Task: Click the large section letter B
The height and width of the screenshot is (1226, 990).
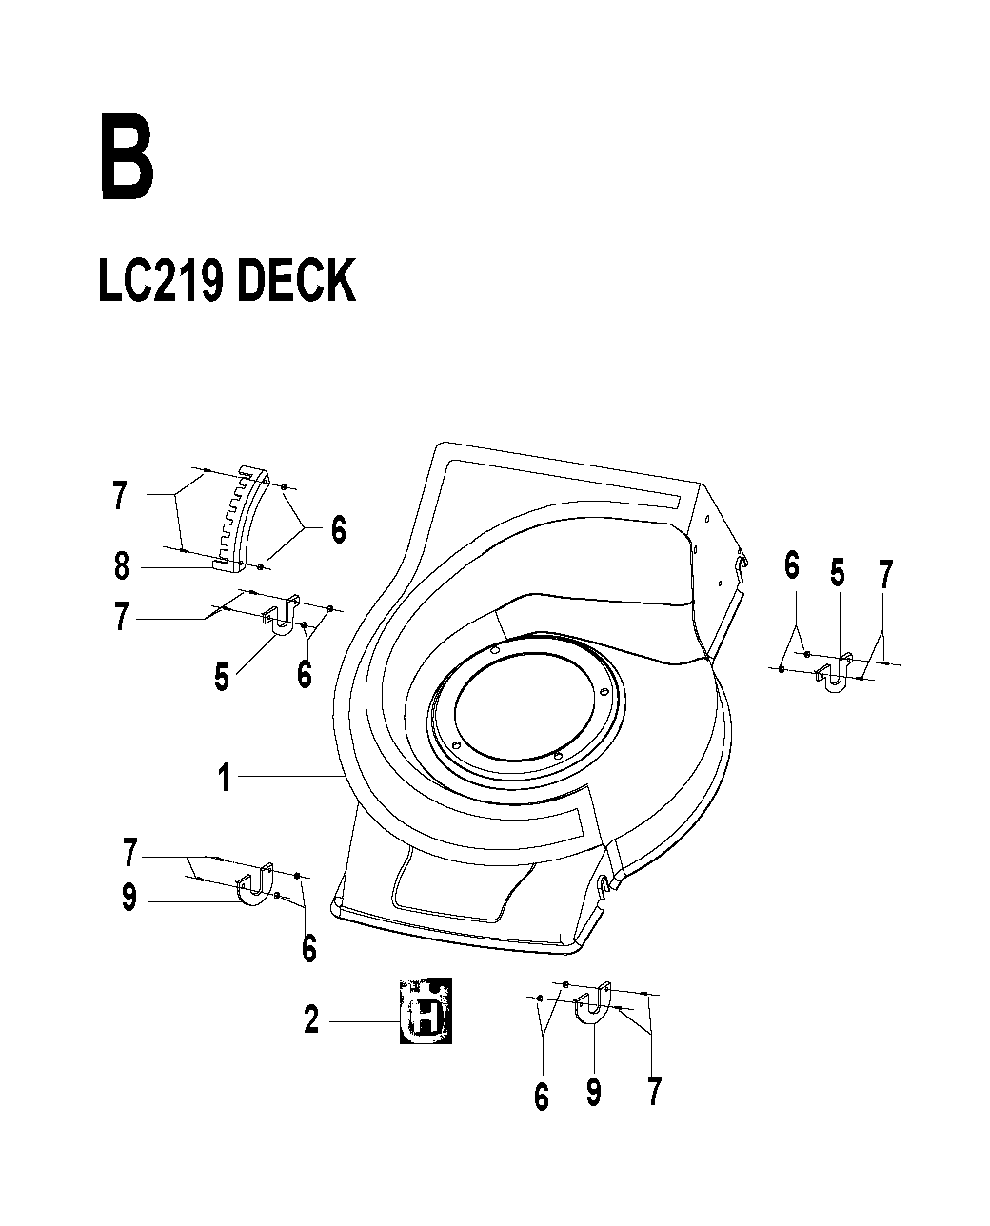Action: (x=127, y=156)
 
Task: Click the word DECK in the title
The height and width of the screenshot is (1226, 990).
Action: (x=296, y=280)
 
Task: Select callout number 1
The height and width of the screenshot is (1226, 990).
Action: (x=225, y=777)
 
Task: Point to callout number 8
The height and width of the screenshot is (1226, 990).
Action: (x=122, y=566)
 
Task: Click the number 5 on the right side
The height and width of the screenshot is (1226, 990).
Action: (x=838, y=573)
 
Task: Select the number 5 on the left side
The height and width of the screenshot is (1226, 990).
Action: (x=222, y=677)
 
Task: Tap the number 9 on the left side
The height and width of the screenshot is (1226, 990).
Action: (x=129, y=897)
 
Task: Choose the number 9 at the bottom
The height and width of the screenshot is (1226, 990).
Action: (x=594, y=1092)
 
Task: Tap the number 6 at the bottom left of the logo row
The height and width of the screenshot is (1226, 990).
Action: (x=542, y=1097)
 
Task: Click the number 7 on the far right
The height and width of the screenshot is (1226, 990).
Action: (x=886, y=574)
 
